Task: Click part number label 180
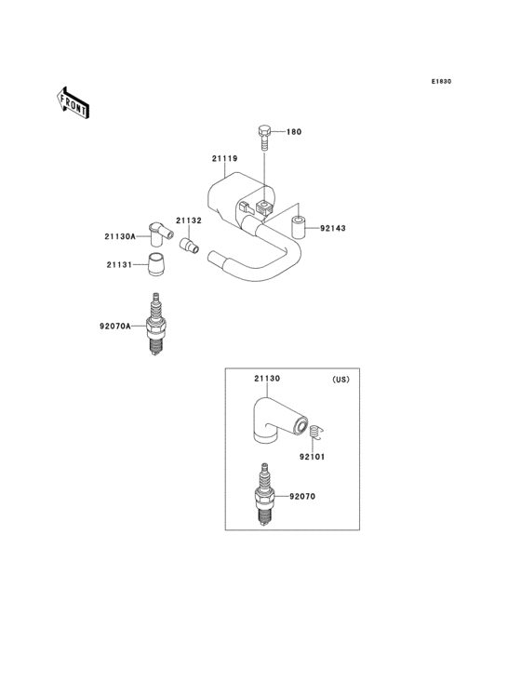pyautogui.click(x=294, y=133)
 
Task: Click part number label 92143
pyautogui.click(x=332, y=228)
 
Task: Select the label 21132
pyautogui.click(x=190, y=221)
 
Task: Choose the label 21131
pyautogui.click(x=119, y=265)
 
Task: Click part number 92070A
pyautogui.click(x=114, y=327)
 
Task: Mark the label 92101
pyautogui.click(x=313, y=457)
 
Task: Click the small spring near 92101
pyautogui.click(x=316, y=433)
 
